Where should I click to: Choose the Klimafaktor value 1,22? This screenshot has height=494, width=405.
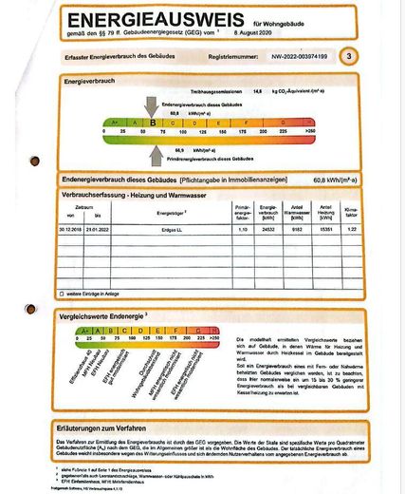click(352, 230)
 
